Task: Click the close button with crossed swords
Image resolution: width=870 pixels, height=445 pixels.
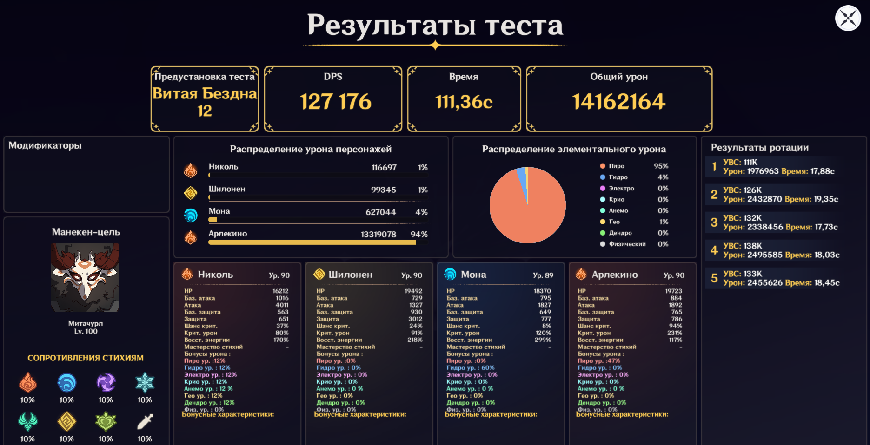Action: point(848,18)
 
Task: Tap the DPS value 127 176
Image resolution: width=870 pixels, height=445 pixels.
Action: point(336,102)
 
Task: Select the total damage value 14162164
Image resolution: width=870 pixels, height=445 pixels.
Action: point(619,102)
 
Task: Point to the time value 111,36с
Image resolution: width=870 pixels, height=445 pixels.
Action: point(464,102)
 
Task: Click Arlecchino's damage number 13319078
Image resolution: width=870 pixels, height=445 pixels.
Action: point(379,235)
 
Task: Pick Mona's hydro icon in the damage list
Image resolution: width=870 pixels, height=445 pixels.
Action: point(191,215)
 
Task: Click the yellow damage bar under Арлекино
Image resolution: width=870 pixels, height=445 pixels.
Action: point(312,242)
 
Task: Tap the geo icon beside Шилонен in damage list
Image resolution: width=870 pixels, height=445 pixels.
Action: point(191,193)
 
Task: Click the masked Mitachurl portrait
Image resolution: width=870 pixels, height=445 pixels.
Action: point(85,277)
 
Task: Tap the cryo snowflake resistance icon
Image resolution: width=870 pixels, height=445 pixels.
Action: point(145,383)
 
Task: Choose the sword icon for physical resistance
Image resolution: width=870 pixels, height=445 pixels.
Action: point(145,422)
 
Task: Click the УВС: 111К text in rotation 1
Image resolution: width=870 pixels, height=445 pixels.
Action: point(740,162)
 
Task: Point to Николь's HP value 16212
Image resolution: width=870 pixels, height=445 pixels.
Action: point(280,291)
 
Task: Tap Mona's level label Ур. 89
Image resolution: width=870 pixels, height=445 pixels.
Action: point(543,275)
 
